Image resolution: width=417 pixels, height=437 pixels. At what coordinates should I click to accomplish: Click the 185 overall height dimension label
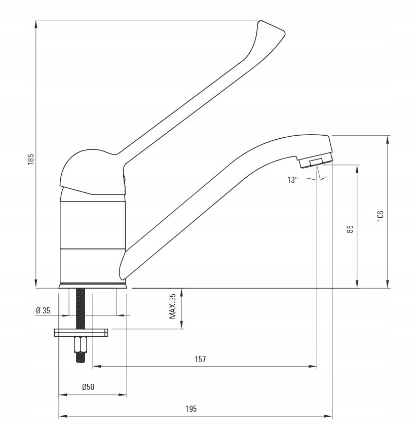31,159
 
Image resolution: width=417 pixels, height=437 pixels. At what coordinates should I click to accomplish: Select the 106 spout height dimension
381,216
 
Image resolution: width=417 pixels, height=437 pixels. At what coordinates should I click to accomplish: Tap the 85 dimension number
350,229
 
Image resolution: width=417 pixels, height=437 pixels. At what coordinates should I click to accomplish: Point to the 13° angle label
292,180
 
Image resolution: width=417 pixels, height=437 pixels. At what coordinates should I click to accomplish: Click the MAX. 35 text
173,306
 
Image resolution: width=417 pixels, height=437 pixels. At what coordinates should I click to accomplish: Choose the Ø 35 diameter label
43,310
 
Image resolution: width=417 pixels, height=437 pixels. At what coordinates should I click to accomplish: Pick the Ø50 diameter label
88,387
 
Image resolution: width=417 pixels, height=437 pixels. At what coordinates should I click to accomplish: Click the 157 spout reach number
200,359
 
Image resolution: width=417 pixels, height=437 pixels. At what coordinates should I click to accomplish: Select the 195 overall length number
191,409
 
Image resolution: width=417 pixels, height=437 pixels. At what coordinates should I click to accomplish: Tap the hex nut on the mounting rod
81,344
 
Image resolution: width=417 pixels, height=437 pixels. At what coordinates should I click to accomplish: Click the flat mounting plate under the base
81,333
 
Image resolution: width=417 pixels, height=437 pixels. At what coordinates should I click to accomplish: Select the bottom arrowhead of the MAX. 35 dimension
181,325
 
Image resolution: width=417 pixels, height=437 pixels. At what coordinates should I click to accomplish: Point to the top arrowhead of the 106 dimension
388,140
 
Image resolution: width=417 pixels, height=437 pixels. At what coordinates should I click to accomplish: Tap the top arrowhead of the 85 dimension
357,169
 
